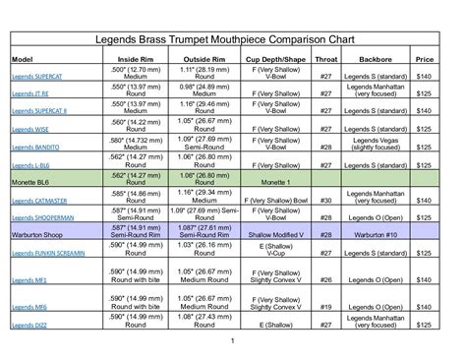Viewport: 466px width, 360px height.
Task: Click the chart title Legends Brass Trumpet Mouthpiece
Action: click(232, 42)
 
